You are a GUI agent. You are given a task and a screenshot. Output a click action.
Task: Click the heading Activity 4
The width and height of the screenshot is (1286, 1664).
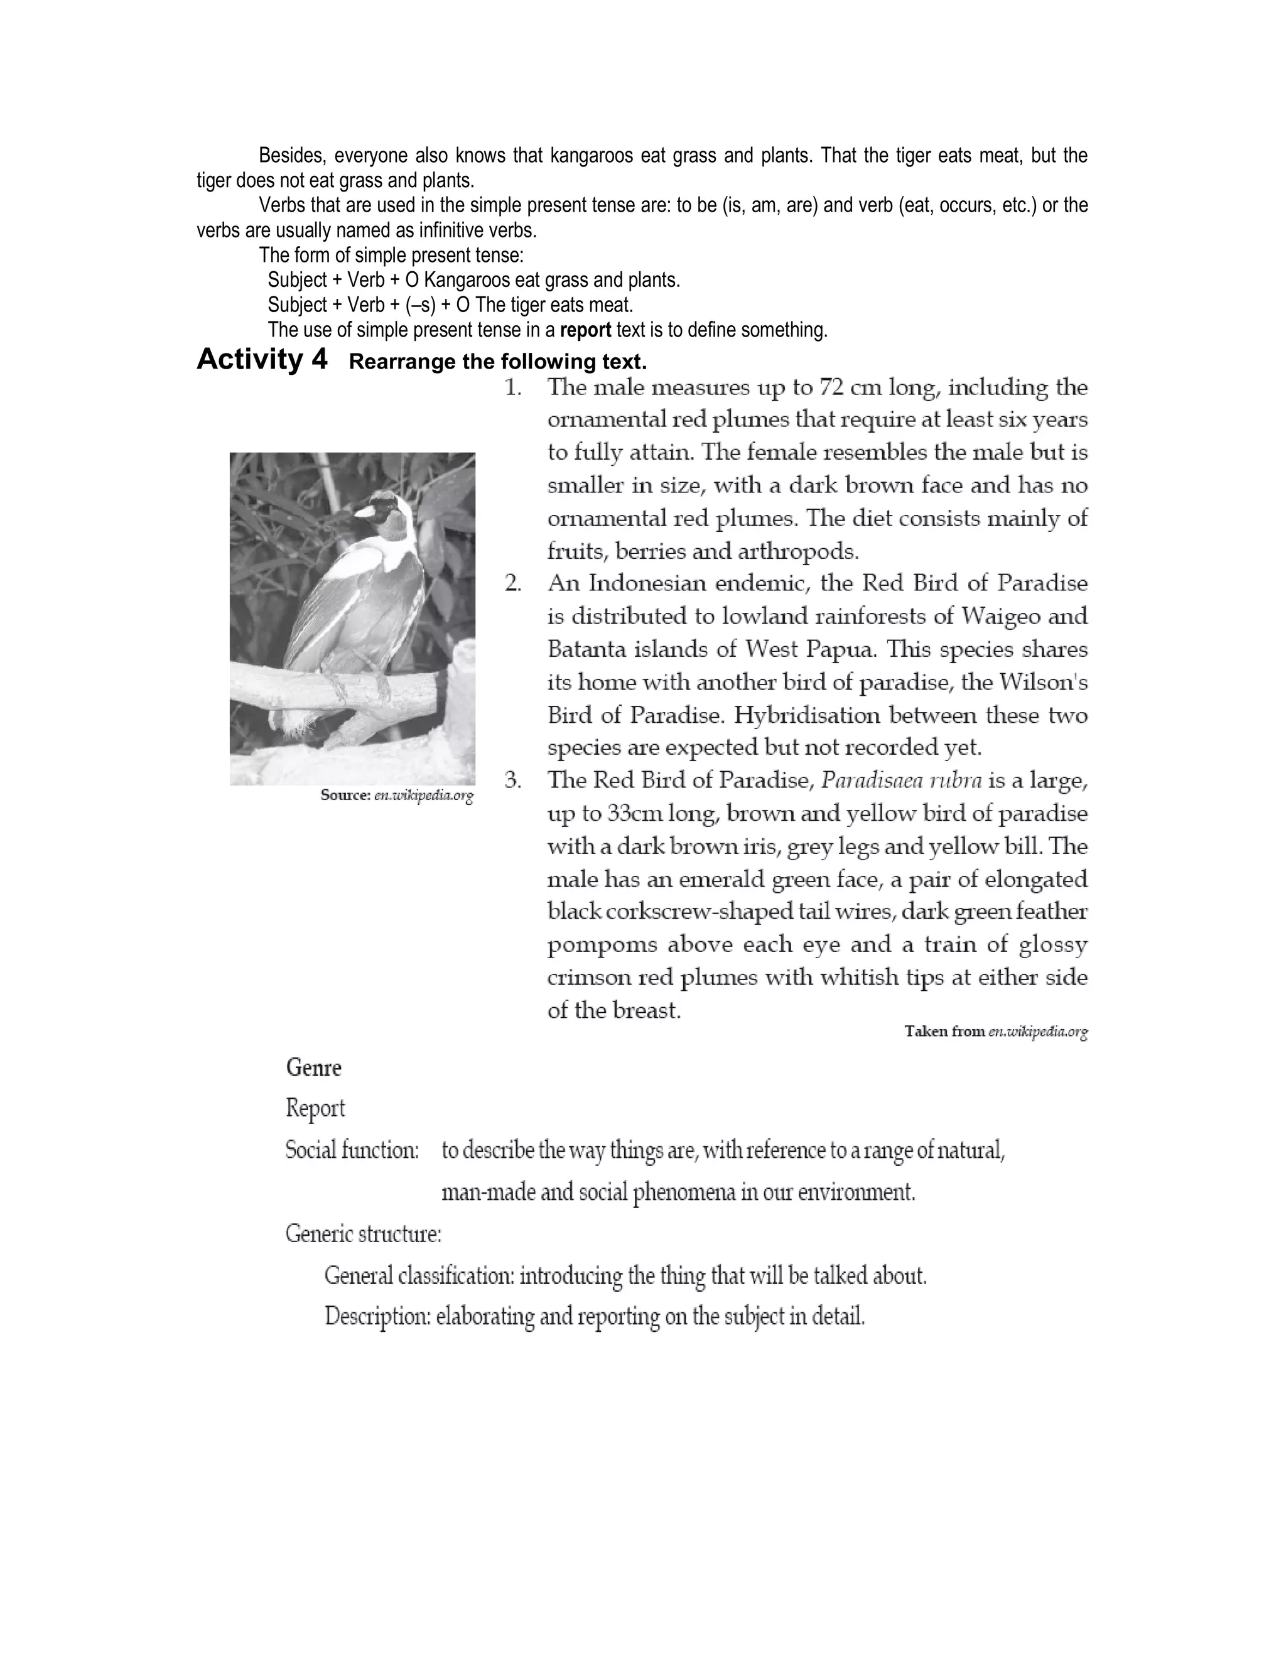click(262, 359)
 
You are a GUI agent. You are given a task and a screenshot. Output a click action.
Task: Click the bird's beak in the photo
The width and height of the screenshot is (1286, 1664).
click(367, 511)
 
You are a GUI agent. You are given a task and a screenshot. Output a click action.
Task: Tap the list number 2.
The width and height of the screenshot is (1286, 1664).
click(513, 583)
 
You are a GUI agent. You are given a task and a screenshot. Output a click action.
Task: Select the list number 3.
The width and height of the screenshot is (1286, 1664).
click(513, 780)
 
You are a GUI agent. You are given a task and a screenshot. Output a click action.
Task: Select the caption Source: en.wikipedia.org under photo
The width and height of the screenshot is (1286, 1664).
click(397, 796)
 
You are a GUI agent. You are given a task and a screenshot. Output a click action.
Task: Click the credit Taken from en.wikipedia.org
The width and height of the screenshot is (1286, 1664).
click(996, 1032)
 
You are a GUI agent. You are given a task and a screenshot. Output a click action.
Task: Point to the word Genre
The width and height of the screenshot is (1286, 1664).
click(314, 1067)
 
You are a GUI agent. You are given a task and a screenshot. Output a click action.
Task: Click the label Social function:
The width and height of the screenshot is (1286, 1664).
click(352, 1150)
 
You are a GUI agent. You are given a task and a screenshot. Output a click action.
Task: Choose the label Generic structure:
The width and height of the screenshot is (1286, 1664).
click(364, 1233)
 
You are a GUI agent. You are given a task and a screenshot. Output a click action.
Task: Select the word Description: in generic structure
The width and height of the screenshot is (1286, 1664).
click(378, 1316)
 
